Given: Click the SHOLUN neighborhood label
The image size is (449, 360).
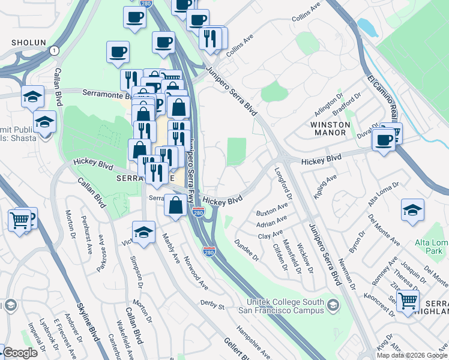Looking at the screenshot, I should point(29,43).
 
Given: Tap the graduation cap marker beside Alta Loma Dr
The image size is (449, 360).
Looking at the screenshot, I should point(413,211).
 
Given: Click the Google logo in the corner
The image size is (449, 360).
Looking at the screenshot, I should point(19,353).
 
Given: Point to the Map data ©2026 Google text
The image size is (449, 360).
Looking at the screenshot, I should point(412,355).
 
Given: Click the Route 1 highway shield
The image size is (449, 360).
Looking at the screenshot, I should point(55,50).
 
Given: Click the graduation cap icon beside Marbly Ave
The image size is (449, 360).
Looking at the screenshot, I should point(144,233).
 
